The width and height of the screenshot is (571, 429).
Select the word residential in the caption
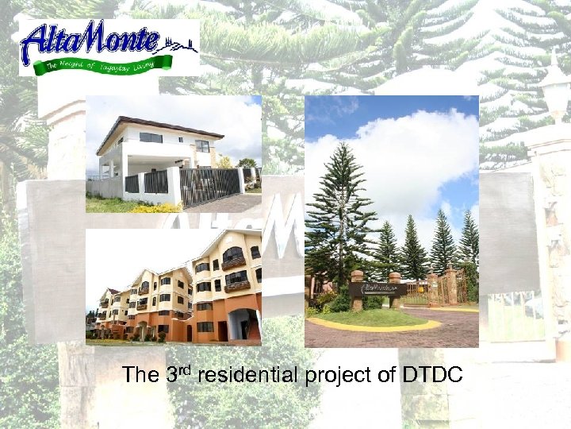click(x=247, y=375)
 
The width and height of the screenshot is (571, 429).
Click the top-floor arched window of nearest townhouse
click(x=233, y=254)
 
